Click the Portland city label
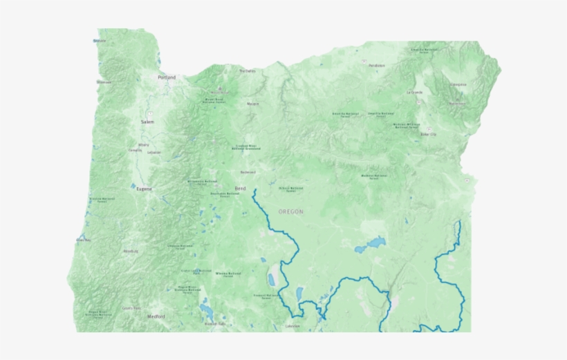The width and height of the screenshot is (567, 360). [167, 77]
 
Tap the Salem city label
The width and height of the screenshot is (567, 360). [147, 122]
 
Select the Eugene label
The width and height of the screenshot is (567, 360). [144, 188]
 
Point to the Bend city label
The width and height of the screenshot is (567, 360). [240, 188]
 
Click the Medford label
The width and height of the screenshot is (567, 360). [156, 316]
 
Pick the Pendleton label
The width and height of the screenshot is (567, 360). [377, 66]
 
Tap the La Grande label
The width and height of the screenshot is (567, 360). [414, 92]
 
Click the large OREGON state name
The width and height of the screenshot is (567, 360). [290, 211]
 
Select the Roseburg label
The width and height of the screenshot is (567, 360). [130, 252]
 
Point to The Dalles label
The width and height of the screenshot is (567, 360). [247, 70]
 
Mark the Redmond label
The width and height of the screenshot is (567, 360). [247, 172]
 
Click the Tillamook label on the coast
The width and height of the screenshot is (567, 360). [104, 82]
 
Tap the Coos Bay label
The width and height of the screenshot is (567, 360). [84, 240]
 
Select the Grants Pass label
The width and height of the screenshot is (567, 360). [131, 308]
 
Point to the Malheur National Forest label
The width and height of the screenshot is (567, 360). [373, 176]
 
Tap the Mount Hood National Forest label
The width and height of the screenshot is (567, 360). [214, 100]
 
